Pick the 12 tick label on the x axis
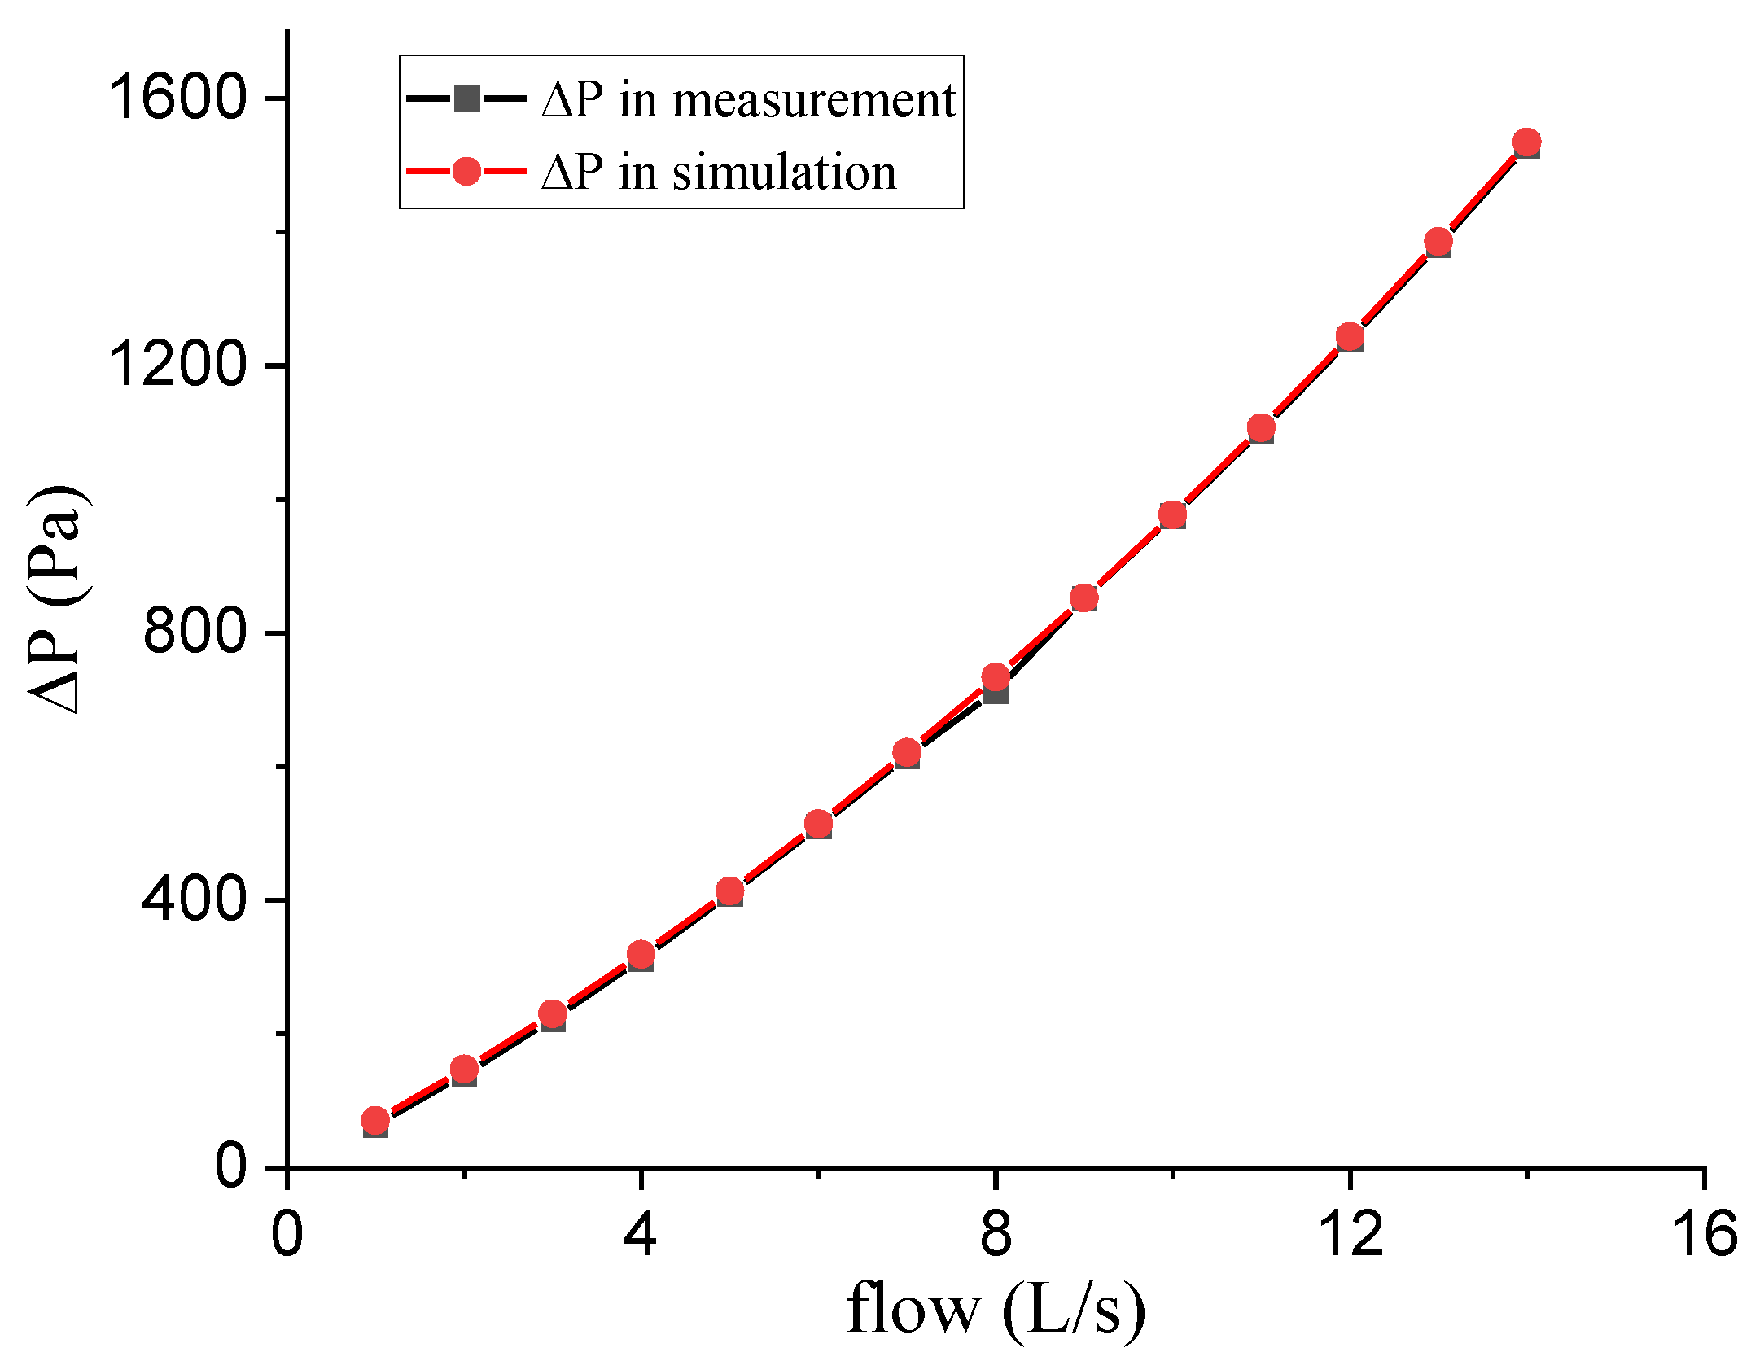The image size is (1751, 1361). pyautogui.click(x=1350, y=1234)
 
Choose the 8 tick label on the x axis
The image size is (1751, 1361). pyautogui.click(x=995, y=1234)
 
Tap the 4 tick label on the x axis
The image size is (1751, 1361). pyautogui.click(x=640, y=1234)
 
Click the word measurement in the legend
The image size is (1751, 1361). pyautogui.click(x=814, y=100)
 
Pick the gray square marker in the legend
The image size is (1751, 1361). pyautogui.click(x=466, y=99)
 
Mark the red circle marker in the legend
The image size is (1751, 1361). pyautogui.click(x=466, y=171)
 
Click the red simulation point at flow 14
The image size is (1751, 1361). pyautogui.click(x=1527, y=142)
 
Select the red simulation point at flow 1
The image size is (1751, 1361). pyautogui.click(x=374, y=1121)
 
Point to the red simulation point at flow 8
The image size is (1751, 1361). pyautogui.click(x=996, y=676)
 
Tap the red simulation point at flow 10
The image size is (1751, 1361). pyautogui.click(x=1172, y=514)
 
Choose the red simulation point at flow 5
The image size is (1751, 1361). pyautogui.click(x=730, y=891)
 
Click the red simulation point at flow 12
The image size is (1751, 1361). pyautogui.click(x=1350, y=335)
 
